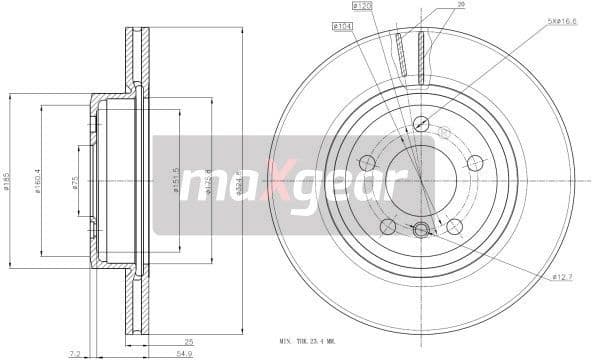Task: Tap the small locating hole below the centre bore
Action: (x=421, y=228)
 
